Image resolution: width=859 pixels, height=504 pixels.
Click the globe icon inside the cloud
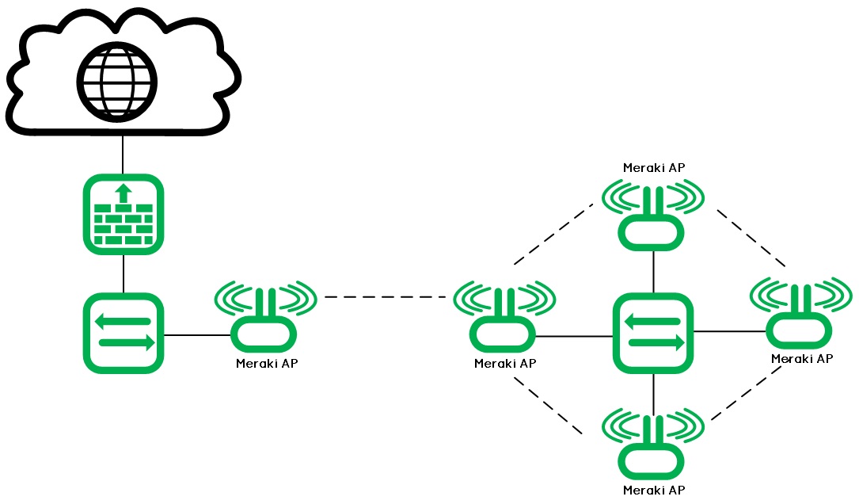click(116, 82)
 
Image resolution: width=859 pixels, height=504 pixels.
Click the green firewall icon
click(124, 214)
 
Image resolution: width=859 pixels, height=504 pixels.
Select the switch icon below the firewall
click(124, 333)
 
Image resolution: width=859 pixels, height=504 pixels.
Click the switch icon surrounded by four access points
click(653, 333)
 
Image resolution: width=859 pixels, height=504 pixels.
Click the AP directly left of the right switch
click(504, 317)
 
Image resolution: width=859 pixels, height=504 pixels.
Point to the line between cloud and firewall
click(124, 155)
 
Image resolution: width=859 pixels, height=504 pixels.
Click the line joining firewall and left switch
click(124, 273)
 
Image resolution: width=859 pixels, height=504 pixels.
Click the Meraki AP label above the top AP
click(654, 167)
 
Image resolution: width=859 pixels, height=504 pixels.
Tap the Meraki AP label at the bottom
click(654, 490)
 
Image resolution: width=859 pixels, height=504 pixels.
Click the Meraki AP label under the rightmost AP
click(801, 359)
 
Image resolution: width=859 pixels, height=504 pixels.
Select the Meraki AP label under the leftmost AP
click(267, 364)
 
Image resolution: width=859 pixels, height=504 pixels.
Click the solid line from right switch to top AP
click(653, 271)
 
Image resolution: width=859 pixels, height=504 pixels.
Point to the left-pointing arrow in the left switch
click(122, 321)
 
